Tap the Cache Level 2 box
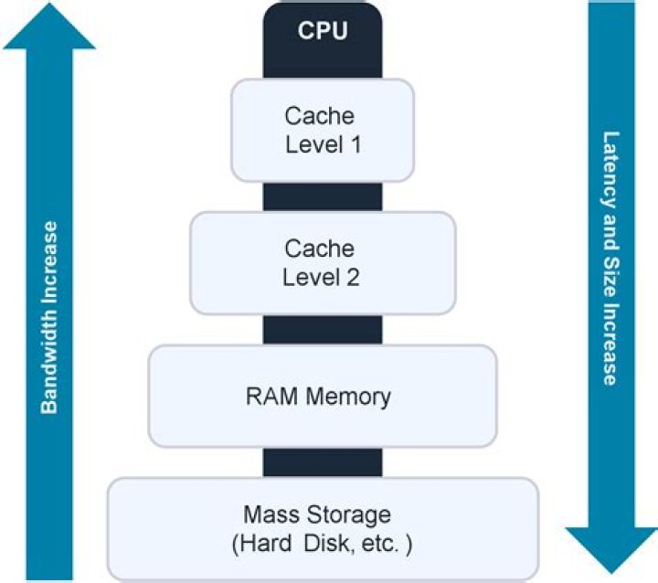[322, 262]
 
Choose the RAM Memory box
[323, 397]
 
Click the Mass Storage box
[323, 528]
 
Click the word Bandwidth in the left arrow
[49, 359]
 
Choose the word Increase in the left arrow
[49, 262]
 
